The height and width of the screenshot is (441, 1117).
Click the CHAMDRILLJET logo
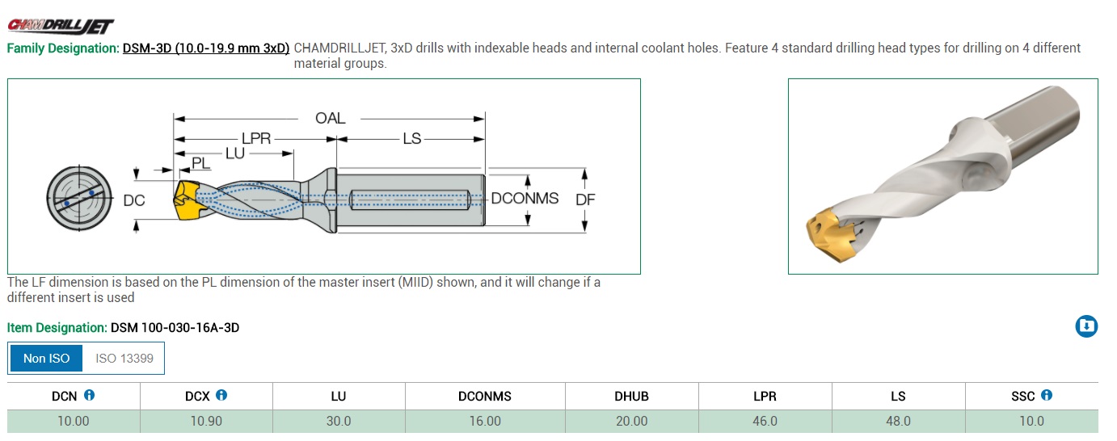tap(61, 27)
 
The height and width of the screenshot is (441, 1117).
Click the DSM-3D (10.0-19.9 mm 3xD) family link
tap(206, 48)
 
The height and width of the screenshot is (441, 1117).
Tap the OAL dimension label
tap(330, 119)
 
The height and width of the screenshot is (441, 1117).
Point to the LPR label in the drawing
tap(256, 139)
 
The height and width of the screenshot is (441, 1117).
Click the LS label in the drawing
tap(412, 139)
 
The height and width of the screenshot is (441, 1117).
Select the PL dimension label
tap(200, 163)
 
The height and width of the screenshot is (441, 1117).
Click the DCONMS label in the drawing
tap(525, 199)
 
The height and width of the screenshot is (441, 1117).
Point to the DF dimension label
tap(585, 199)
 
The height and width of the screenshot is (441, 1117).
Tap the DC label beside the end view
tap(133, 200)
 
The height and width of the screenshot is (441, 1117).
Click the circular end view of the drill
tap(79, 199)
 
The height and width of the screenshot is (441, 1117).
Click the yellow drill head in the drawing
tap(188, 199)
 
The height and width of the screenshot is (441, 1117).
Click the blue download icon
tap(1086, 326)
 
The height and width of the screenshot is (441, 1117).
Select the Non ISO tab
tap(46, 359)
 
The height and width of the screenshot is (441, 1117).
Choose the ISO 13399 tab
tap(124, 359)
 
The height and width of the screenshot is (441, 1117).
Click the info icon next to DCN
tap(89, 395)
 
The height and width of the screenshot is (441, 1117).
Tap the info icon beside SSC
tap(1047, 395)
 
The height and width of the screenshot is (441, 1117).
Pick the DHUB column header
tap(631, 397)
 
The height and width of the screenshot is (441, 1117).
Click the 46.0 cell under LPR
tap(765, 422)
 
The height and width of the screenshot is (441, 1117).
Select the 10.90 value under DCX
tap(206, 422)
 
